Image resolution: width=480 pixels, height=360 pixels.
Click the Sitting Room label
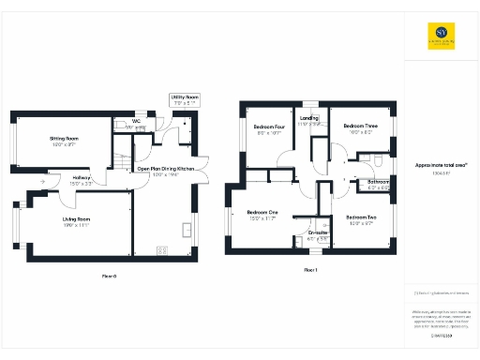tap(64, 138)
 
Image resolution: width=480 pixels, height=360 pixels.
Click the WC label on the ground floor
tap(136, 121)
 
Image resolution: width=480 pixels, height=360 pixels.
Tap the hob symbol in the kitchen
tap(162, 249)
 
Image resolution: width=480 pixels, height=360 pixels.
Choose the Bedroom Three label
tap(360, 126)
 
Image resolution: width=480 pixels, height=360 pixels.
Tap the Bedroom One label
tap(262, 213)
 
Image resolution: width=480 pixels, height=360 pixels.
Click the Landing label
tap(309, 118)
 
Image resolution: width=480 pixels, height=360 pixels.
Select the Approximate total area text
tap(441, 165)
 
